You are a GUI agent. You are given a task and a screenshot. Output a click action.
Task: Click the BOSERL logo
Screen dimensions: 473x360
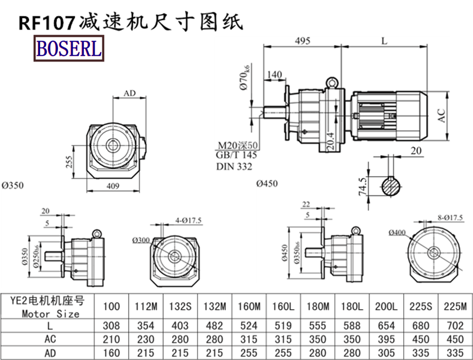(69, 48)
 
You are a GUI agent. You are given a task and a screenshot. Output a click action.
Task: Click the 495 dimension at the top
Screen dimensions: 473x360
(302, 41)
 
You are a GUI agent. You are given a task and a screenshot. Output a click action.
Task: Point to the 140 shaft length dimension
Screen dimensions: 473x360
(274, 74)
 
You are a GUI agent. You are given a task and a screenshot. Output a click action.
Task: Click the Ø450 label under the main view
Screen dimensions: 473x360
(267, 184)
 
